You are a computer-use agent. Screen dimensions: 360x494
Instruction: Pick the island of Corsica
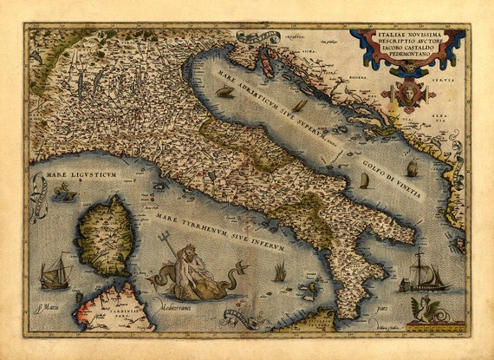(x=105, y=234)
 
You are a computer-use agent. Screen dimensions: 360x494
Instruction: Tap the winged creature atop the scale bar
(x=432, y=309)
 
